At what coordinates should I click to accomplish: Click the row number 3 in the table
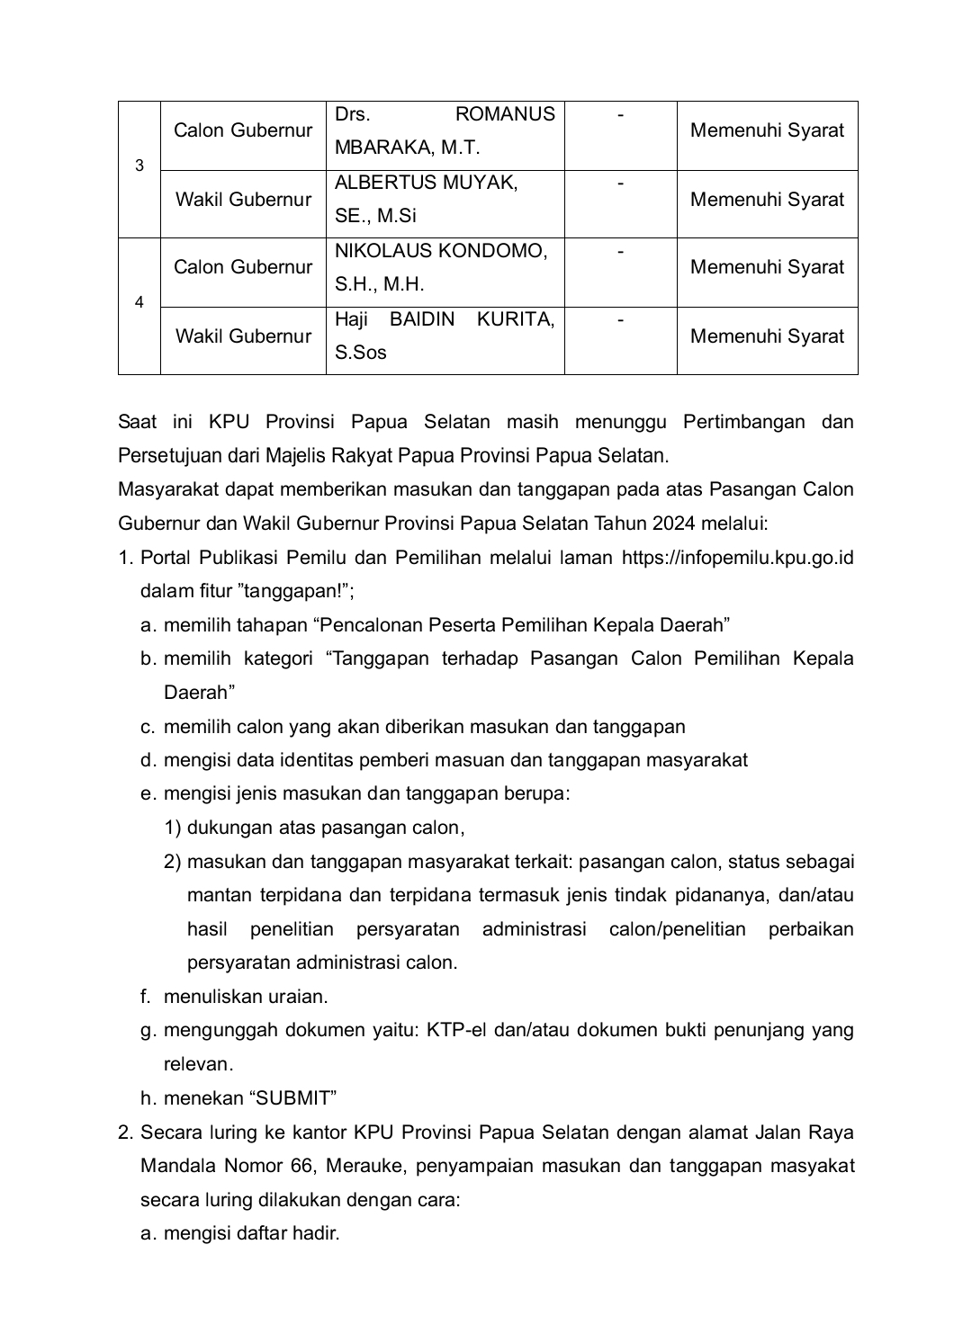pos(139,166)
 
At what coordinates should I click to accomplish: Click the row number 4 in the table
pos(139,302)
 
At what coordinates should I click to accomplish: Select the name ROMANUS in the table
pos(505,114)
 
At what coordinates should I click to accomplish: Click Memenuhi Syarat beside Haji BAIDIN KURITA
pos(767,336)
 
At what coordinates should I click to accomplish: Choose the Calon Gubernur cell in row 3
pos(243,130)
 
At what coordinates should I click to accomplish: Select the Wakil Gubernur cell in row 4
pos(243,336)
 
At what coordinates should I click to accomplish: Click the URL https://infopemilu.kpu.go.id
pos(737,558)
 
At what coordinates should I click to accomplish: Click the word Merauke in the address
pos(369,1166)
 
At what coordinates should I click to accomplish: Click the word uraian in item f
pos(297,997)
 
